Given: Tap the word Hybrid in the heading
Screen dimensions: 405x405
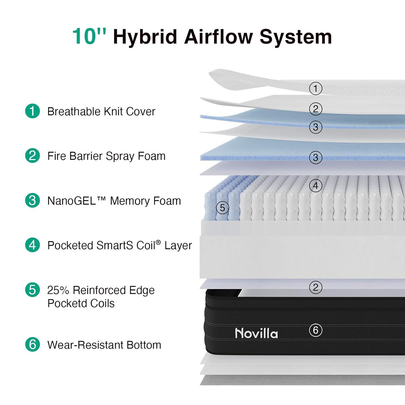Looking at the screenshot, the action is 145,38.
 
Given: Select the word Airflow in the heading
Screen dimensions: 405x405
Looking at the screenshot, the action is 218,36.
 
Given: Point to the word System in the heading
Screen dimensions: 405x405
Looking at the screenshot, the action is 296,38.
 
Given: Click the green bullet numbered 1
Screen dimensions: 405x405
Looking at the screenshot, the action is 32,111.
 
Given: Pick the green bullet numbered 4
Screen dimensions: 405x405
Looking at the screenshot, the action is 32,245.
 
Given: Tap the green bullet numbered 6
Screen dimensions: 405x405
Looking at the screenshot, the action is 32,344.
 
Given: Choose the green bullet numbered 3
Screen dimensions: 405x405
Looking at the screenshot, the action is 32,200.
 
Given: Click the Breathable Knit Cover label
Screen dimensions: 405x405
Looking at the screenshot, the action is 101,111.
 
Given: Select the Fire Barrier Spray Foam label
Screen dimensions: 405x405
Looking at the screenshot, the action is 106,156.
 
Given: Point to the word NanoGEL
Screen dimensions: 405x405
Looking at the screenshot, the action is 72,201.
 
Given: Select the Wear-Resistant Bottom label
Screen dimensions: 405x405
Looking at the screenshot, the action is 104,345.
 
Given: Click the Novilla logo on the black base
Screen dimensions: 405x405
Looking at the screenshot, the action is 256,333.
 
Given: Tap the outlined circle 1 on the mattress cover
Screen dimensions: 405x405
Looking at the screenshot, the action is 316,88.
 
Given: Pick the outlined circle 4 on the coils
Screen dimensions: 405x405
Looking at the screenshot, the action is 316,186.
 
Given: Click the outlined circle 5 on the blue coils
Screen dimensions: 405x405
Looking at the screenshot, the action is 222,208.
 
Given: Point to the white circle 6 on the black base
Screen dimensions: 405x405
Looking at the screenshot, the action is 316,330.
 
